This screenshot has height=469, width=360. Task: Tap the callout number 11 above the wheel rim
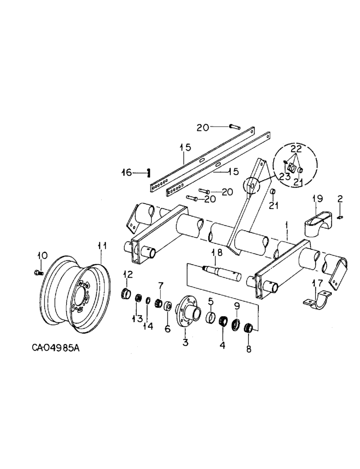102,245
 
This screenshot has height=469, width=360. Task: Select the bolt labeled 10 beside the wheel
39,272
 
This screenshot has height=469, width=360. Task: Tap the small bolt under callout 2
341,216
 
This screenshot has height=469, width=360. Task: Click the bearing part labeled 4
223,322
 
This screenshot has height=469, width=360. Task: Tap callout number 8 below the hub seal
248,349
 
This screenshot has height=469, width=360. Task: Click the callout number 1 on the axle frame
286,226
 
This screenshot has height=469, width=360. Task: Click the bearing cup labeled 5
211,318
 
